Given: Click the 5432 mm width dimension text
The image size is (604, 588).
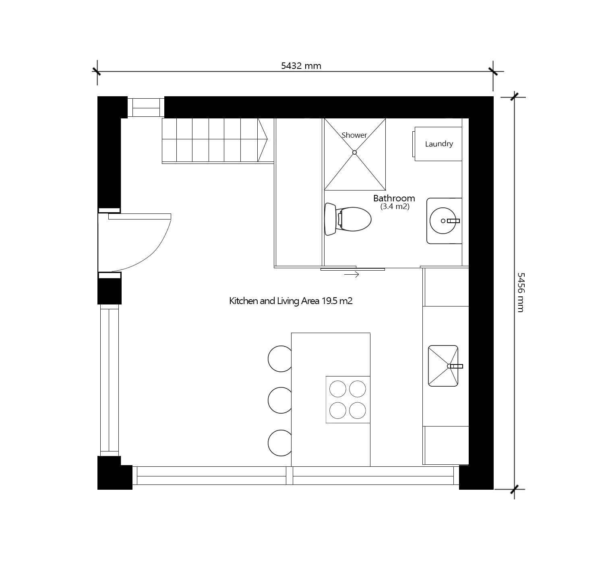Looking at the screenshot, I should pyautogui.click(x=301, y=66).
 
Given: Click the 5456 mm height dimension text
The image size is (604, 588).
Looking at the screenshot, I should pyautogui.click(x=520, y=292).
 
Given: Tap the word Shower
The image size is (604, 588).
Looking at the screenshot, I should pyautogui.click(x=354, y=135).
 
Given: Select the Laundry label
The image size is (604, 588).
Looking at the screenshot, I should pyautogui.click(x=439, y=144).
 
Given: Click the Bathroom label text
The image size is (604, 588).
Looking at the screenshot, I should pyautogui.click(x=394, y=198).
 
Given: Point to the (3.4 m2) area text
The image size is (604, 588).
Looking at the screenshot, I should pyautogui.click(x=395, y=207).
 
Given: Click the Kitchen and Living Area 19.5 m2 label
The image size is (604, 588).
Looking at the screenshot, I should pyautogui.click(x=291, y=301).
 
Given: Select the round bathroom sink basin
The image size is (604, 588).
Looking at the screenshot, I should pyautogui.click(x=443, y=221).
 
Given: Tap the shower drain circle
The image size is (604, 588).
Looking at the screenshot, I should pyautogui.click(x=355, y=152).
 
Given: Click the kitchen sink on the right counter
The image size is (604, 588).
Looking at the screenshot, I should pyautogui.click(x=443, y=366).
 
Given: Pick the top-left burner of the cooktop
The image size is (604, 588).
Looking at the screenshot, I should pyautogui.click(x=337, y=389).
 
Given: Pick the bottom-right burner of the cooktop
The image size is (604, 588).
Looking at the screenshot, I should pyautogui.click(x=357, y=410).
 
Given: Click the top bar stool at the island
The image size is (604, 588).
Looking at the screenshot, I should pyautogui.click(x=280, y=358).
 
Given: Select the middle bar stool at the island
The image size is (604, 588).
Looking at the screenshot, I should pyautogui.click(x=280, y=400).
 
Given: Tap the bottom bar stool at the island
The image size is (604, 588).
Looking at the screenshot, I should pyautogui.click(x=280, y=443).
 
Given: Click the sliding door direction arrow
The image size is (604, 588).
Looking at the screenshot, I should pyautogui.click(x=352, y=275).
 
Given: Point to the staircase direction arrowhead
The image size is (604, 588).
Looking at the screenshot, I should pyautogui.click(x=263, y=139).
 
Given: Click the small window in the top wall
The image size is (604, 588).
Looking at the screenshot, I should pyautogui.click(x=146, y=107).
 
